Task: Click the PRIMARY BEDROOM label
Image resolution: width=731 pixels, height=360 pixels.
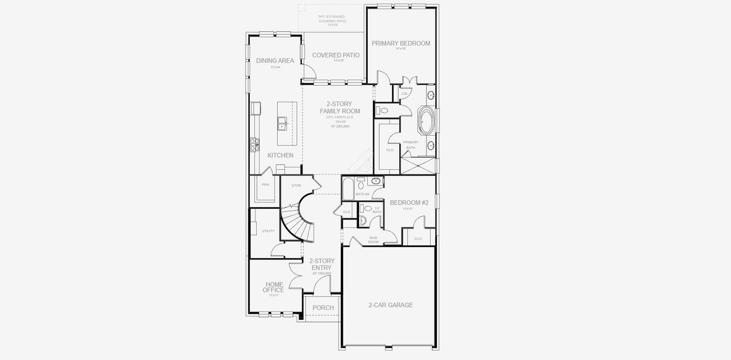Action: tap(400, 43)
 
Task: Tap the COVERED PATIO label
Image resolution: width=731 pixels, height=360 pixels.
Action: tap(335, 55)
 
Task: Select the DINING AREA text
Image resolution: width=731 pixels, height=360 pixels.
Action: tap(275, 61)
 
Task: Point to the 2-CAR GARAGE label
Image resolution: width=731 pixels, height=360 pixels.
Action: tap(391, 305)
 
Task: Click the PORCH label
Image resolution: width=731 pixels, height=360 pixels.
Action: tap(323, 308)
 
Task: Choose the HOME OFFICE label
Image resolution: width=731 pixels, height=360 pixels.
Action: tap(274, 287)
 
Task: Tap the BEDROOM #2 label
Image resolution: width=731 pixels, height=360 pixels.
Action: tap(409, 203)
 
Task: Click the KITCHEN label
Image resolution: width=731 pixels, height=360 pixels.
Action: tap(280, 155)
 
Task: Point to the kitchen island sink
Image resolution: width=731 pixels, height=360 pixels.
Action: tap(281, 124)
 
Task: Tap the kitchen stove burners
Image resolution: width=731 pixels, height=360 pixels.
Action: tap(254, 145)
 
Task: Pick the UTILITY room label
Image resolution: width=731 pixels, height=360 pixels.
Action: tap(268, 231)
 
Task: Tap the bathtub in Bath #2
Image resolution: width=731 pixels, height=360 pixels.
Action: tap(347, 189)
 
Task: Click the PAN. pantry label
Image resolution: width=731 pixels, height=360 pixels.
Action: tap(265, 185)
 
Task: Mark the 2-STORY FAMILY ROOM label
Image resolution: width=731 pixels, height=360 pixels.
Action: tap(340, 107)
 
